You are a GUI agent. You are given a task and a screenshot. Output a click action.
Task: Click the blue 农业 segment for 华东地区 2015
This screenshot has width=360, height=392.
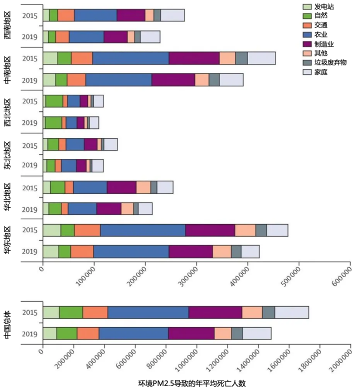tap(142, 230)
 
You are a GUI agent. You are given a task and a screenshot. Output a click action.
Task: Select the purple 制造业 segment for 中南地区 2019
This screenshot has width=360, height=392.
tap(173, 79)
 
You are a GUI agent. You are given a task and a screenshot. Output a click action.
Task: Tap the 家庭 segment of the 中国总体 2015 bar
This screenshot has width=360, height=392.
tap(291, 312)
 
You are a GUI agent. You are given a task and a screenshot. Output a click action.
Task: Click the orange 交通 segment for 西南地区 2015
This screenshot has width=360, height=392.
tap(66, 15)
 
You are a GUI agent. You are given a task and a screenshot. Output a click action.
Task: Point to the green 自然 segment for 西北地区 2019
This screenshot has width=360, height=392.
tap(53, 123)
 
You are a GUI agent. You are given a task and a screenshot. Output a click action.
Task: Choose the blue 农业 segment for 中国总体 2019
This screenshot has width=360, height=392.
tap(133, 333)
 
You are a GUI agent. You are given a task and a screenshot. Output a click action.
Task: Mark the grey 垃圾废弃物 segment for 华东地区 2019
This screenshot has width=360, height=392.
tap(236, 252)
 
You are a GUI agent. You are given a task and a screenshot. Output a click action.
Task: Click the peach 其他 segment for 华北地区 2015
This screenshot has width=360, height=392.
tap(143, 187)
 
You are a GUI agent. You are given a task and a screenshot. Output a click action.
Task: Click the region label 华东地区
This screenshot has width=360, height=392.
tap(8, 241)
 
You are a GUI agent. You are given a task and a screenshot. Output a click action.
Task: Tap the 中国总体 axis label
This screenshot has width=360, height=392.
tap(8, 323)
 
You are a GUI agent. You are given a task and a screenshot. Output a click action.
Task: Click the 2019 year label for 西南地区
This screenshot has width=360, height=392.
tap(30, 37)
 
